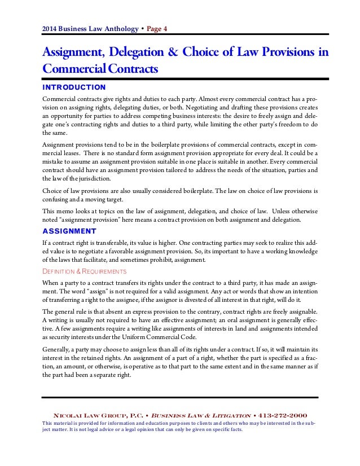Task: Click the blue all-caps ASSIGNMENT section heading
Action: [x=69, y=231]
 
